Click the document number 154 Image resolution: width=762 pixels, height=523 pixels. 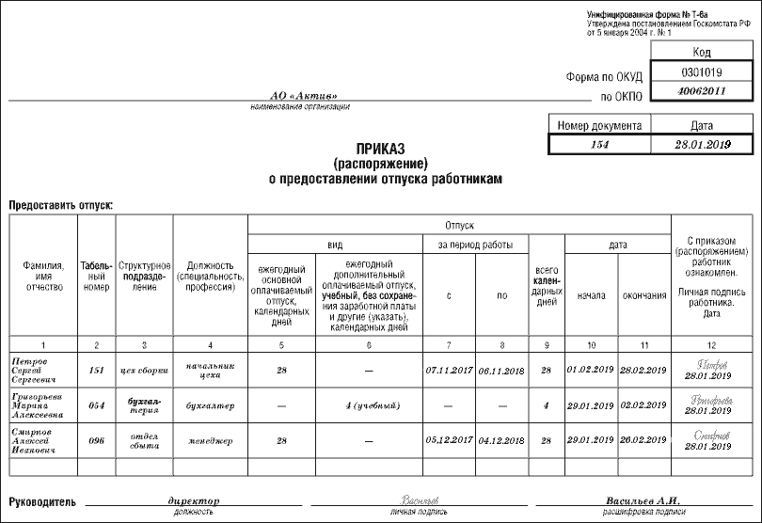coord(599,145)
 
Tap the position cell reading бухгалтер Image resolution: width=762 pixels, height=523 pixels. coord(209,405)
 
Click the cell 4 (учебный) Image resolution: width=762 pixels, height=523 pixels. coord(368,405)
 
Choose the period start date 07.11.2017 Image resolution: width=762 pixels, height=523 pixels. coord(448,371)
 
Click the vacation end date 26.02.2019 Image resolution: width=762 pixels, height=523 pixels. coord(644,439)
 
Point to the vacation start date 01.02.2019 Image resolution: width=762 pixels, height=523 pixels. coord(590,371)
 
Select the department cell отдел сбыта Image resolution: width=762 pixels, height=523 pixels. coord(143,439)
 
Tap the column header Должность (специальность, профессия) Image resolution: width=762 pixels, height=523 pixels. coord(209,273)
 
